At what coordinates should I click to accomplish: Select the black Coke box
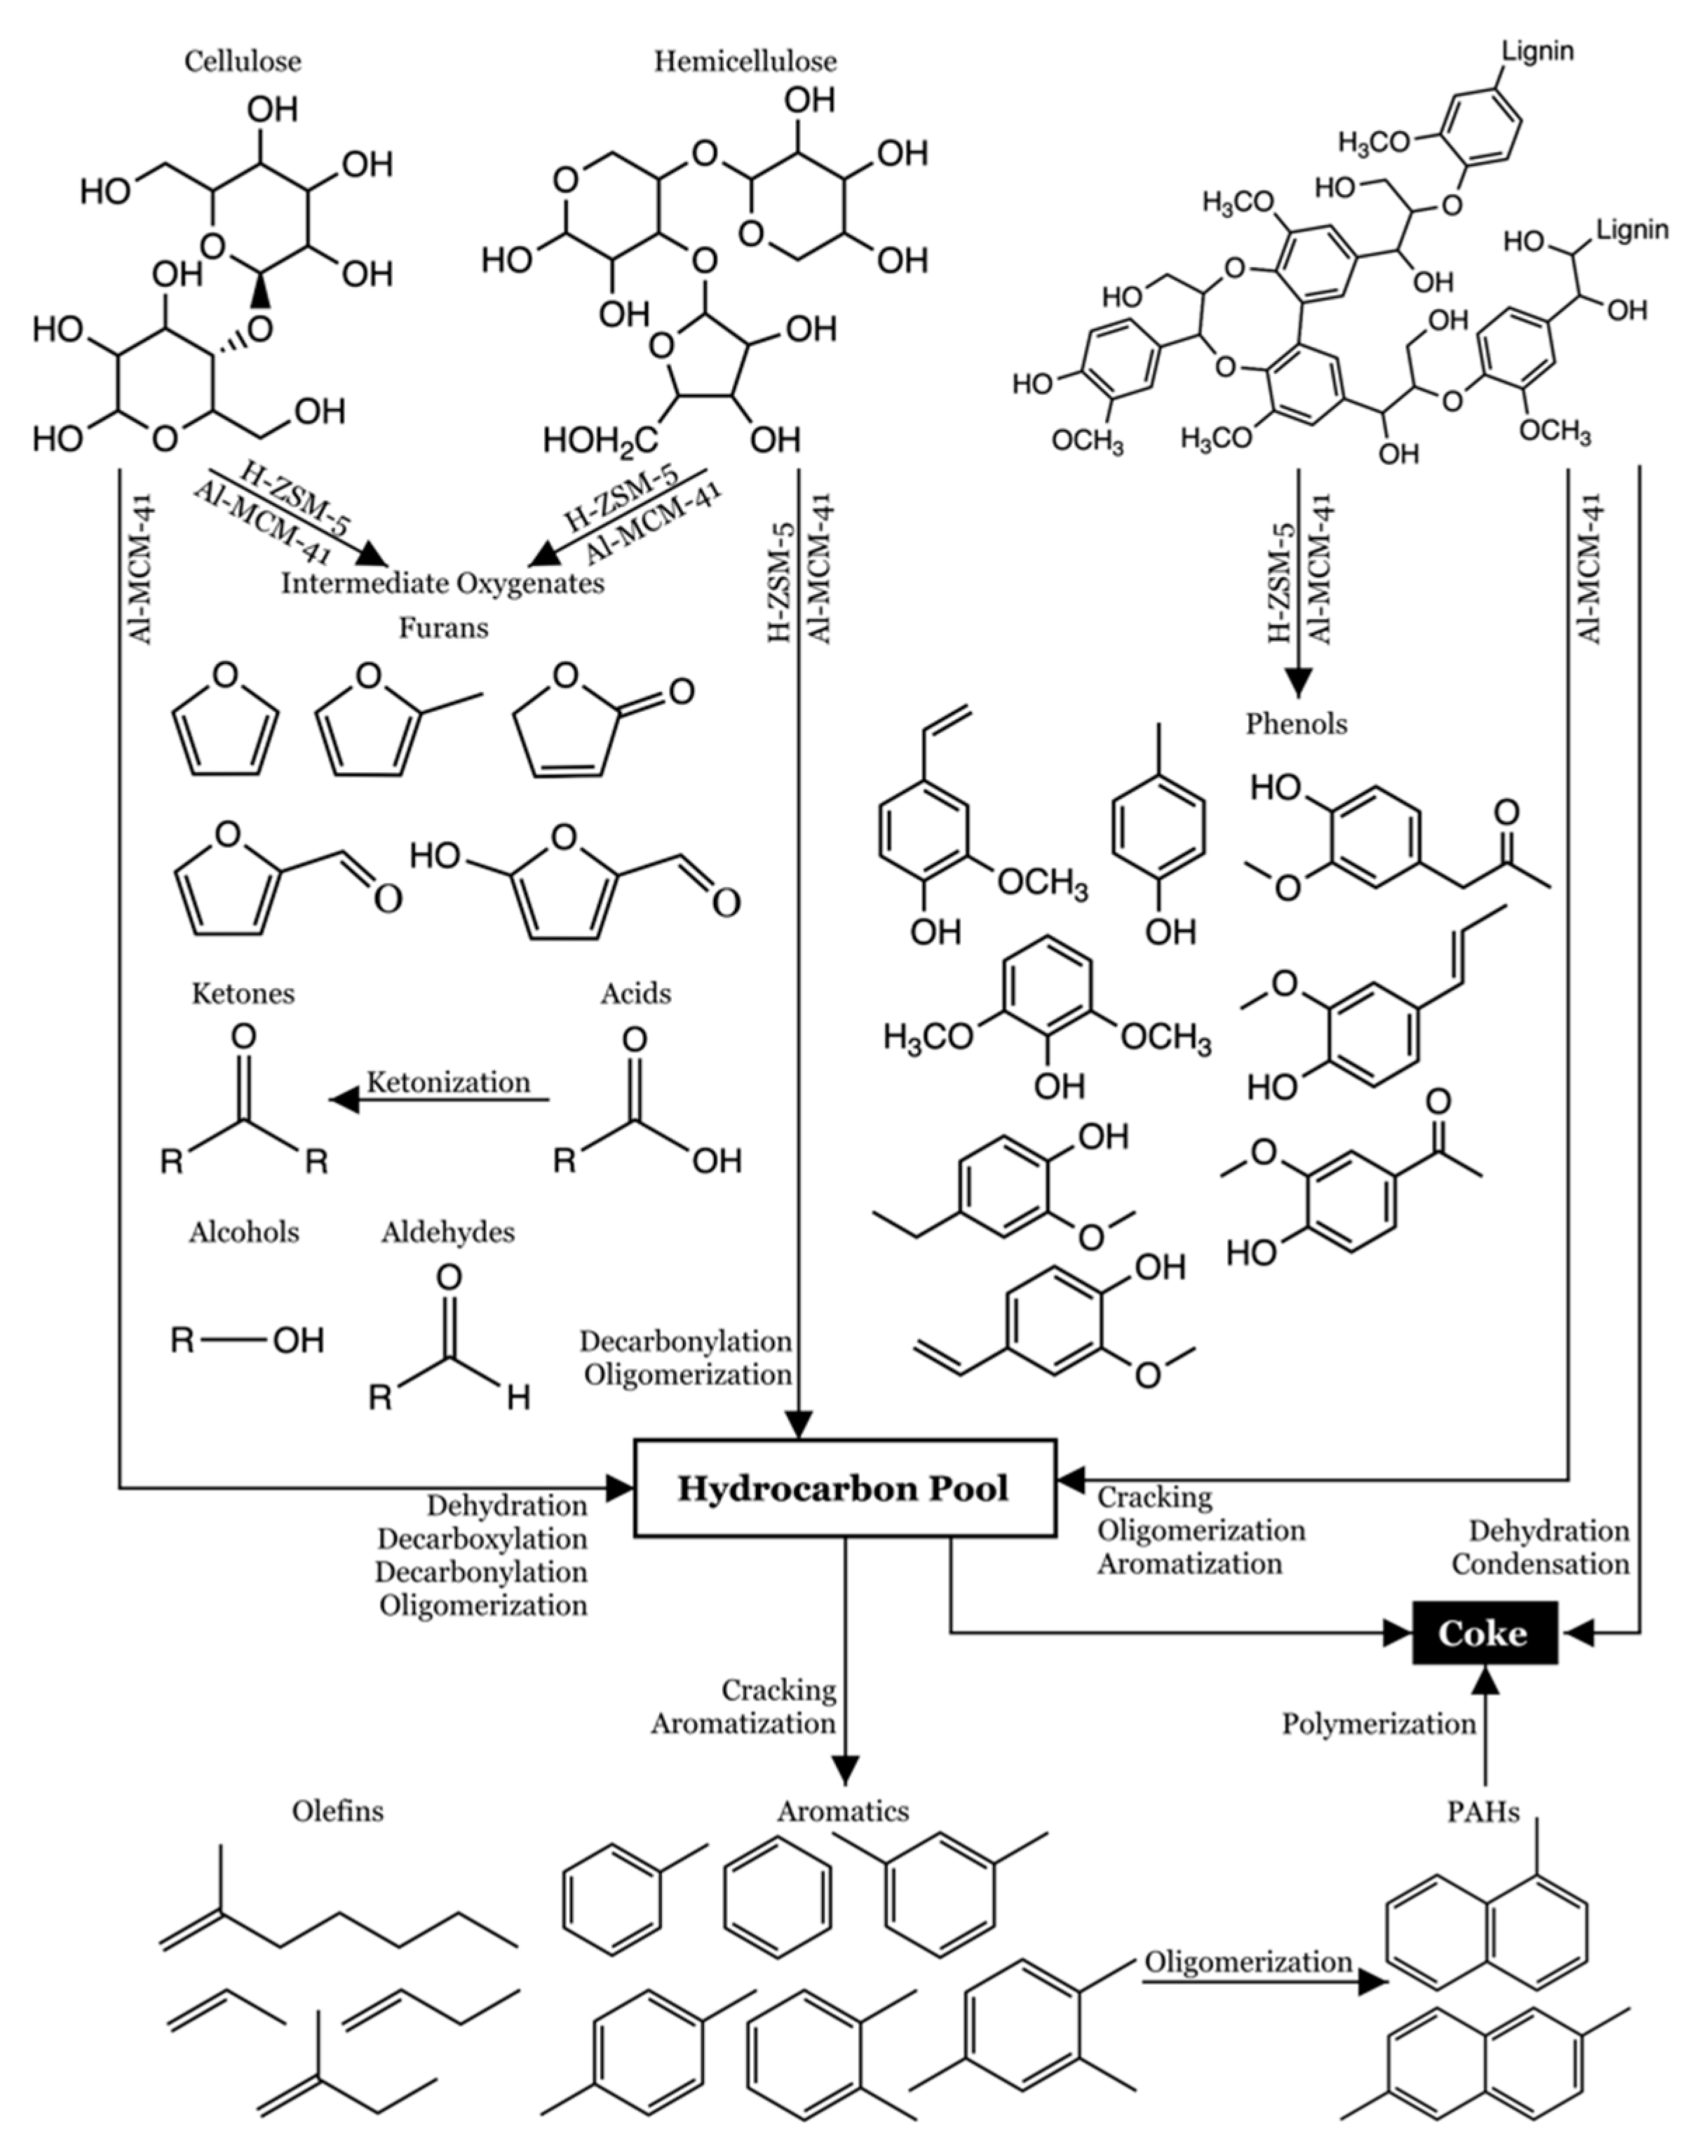coord(1484,1632)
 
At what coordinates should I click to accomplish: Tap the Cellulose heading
coord(243,62)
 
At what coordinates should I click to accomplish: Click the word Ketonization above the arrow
coord(448,1083)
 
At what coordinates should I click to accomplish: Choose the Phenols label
coord(1296,723)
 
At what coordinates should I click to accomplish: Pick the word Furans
coord(443,628)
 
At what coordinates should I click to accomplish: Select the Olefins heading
coord(337,1811)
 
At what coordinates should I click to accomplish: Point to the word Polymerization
coord(1378,1724)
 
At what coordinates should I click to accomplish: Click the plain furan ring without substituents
coord(226,723)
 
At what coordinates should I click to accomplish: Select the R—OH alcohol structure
coord(246,1339)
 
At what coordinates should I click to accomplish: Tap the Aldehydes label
coord(448,1232)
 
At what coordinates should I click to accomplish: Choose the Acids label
coord(635,993)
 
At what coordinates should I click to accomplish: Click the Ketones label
coord(243,993)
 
